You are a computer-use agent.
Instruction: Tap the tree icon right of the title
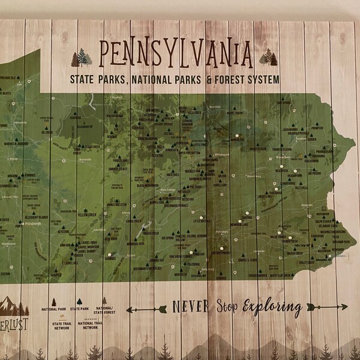[x=269, y=58]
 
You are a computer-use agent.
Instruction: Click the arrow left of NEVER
[x=146, y=309]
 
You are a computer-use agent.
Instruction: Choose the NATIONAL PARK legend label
[x=53, y=309]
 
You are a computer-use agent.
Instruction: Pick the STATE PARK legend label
[x=80, y=309]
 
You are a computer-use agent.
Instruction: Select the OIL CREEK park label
[x=47, y=132]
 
